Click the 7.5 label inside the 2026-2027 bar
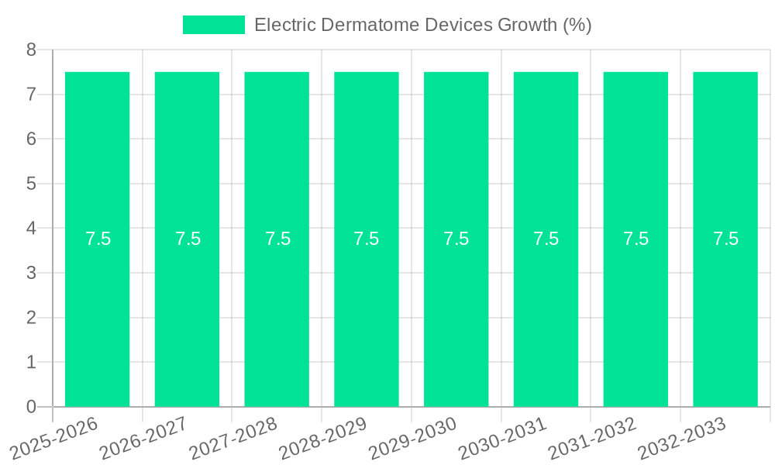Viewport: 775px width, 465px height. pos(188,239)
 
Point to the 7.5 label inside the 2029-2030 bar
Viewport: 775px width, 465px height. pos(456,239)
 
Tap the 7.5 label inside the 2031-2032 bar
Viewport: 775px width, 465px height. pos(635,239)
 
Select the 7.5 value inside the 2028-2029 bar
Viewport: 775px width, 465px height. pos(367,239)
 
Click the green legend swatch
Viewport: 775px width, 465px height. pos(213,25)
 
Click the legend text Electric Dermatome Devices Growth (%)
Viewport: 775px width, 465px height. pos(422,25)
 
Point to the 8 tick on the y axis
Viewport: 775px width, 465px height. pos(31,50)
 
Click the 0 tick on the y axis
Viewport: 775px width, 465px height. pos(31,407)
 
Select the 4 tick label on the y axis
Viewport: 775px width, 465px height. pos(31,229)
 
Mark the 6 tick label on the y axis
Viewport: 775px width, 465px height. pos(31,139)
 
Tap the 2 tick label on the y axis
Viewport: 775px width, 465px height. pos(31,318)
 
